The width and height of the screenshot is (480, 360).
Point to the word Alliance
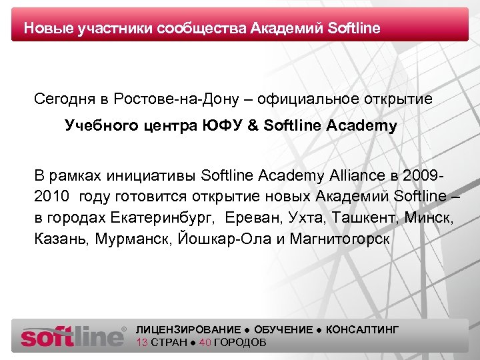(362, 175)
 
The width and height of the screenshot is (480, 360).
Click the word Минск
(424, 218)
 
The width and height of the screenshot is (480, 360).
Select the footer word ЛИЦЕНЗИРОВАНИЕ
(188, 330)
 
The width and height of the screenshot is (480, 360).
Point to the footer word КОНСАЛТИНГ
(363, 330)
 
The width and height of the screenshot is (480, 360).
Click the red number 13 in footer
(141, 343)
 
